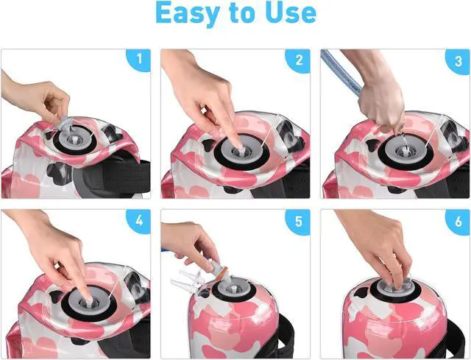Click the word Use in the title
[x=288, y=14]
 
